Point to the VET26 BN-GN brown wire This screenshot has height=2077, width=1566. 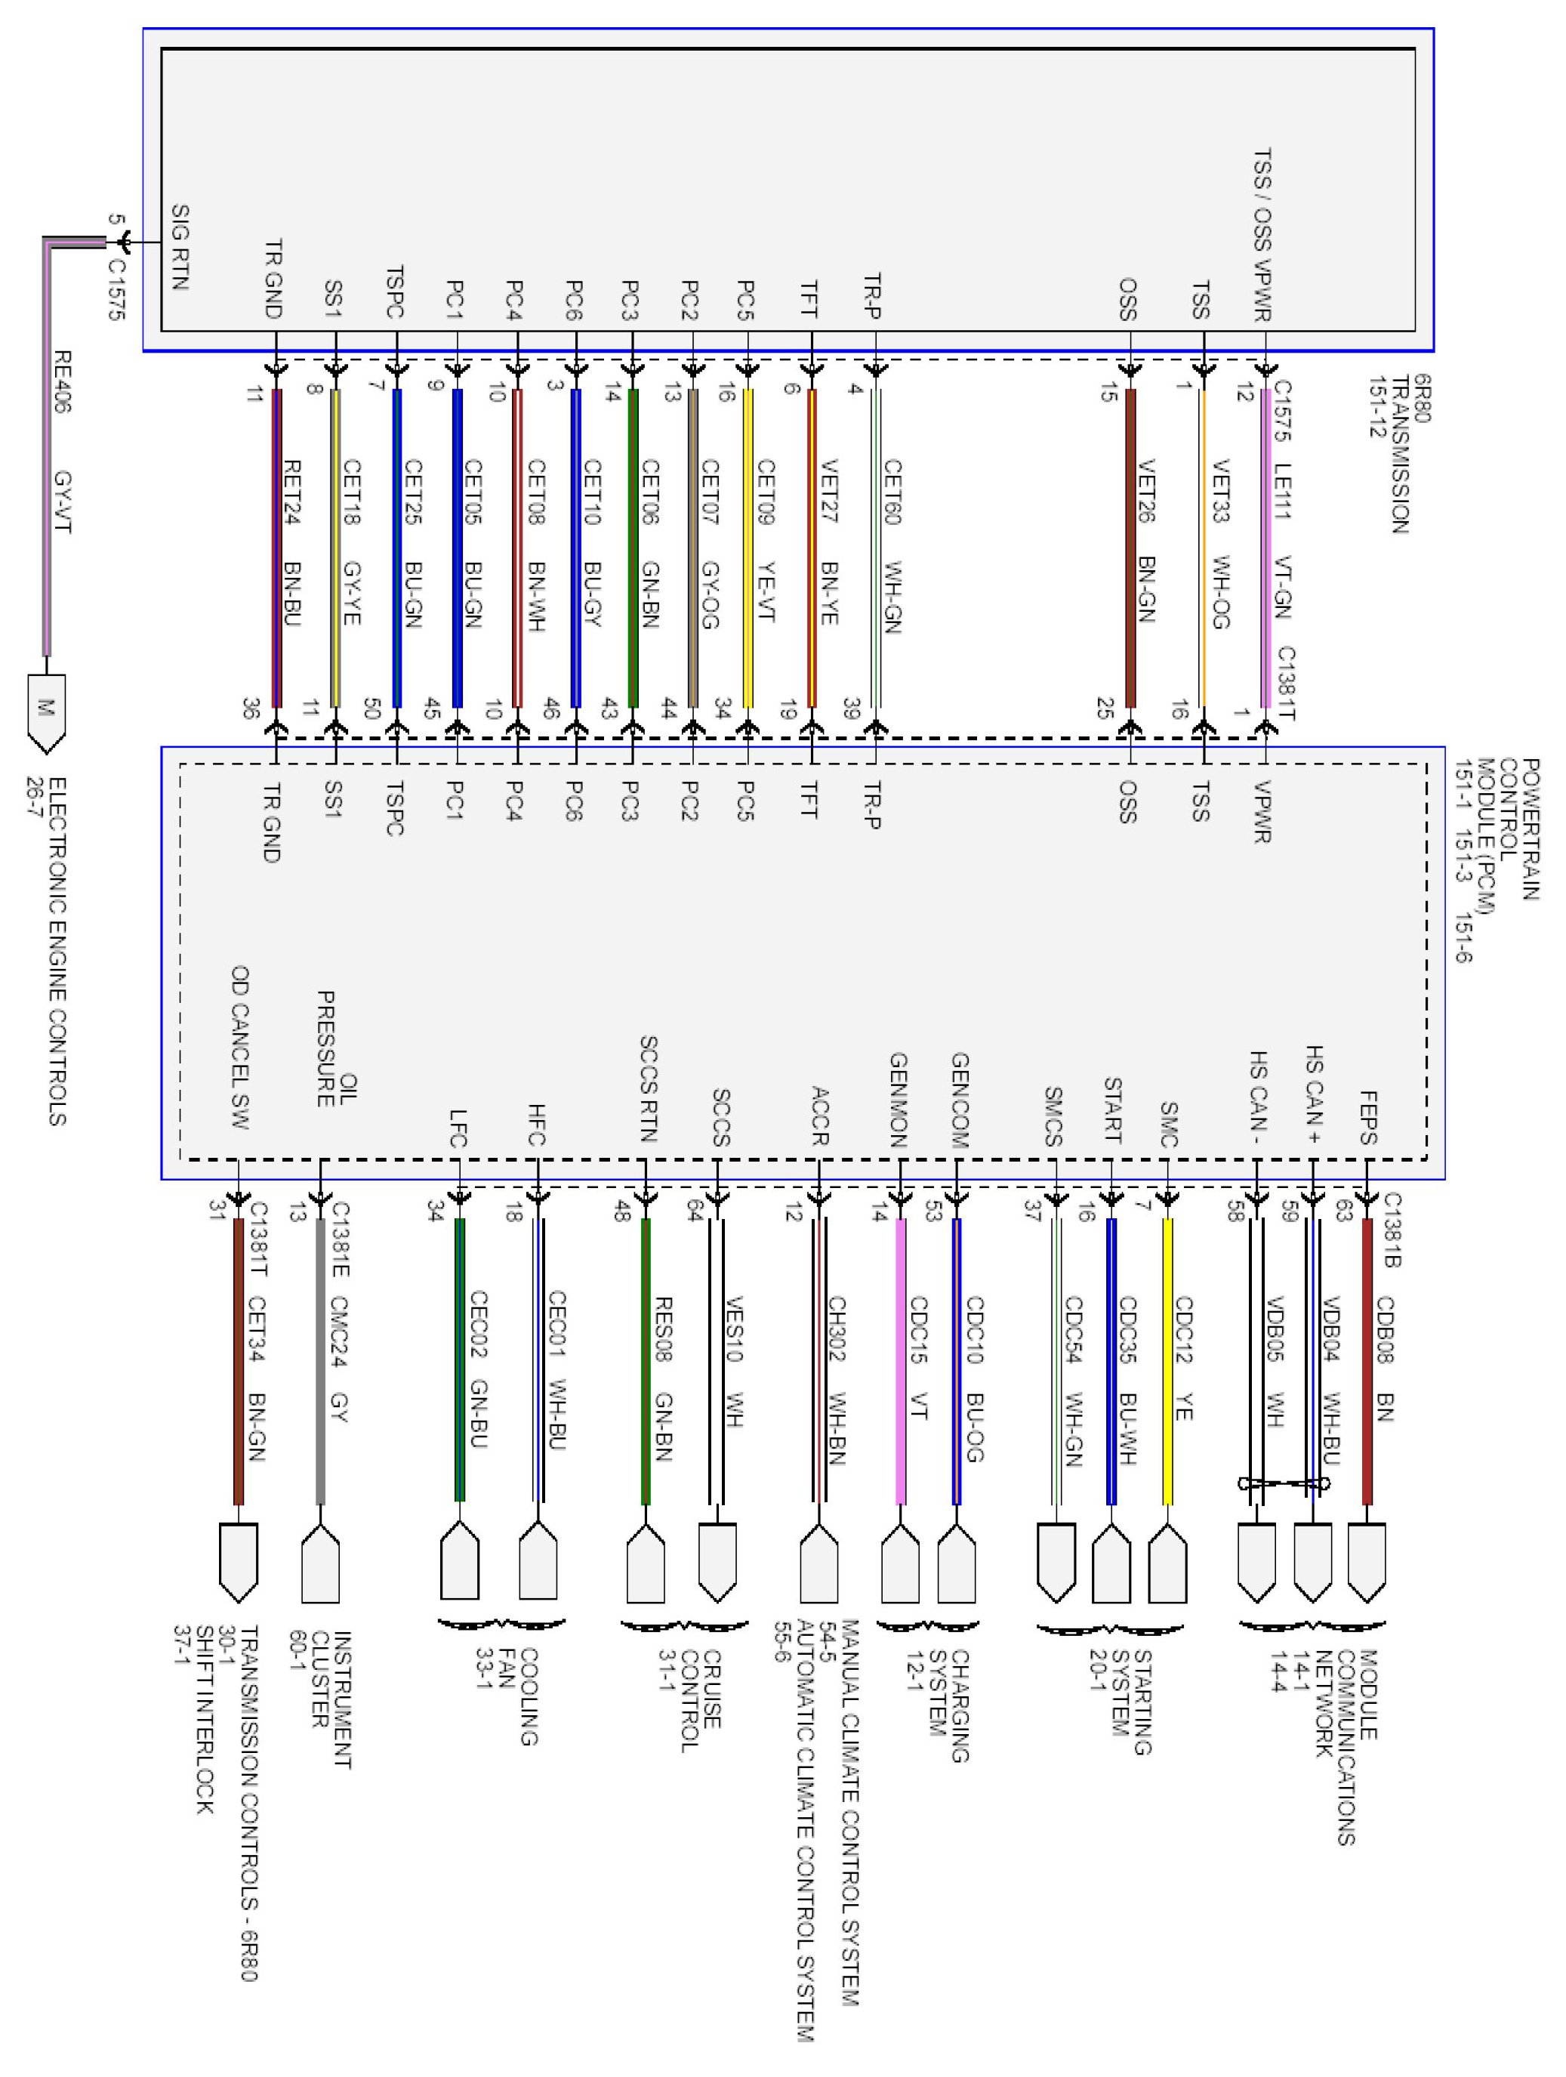[1130, 548]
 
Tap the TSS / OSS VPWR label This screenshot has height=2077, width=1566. [1262, 235]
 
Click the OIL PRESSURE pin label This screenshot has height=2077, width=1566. [336, 1049]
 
